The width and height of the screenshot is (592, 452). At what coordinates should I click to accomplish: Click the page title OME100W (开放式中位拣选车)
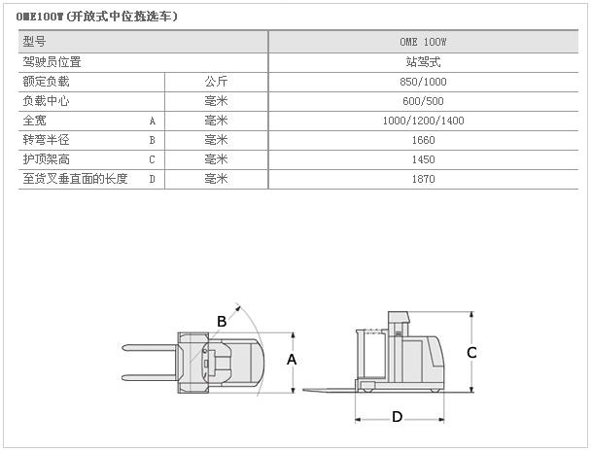(x=96, y=17)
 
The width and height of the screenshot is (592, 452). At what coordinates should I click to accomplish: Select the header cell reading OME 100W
(x=423, y=42)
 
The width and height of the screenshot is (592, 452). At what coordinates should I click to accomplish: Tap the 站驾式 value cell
(x=423, y=62)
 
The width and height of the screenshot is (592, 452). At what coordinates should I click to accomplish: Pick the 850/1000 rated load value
(x=423, y=82)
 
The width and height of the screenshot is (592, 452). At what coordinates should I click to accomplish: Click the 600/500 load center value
(x=423, y=101)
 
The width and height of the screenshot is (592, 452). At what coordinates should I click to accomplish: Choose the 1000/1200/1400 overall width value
(x=423, y=121)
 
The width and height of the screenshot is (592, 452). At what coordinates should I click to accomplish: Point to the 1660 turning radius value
(x=423, y=140)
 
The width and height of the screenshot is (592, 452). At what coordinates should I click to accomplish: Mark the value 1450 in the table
(x=423, y=159)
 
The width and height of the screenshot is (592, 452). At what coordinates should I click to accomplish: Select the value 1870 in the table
(x=423, y=179)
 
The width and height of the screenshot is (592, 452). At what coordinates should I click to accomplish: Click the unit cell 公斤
(x=216, y=82)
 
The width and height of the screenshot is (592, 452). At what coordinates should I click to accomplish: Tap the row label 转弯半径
(x=46, y=140)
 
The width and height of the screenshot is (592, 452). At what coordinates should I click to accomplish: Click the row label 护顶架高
(x=46, y=159)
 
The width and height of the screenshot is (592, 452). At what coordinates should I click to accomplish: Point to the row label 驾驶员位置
(x=52, y=62)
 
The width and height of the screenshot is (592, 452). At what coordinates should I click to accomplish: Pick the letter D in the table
(x=153, y=179)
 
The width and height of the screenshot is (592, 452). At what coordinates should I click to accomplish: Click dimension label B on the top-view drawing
(x=222, y=322)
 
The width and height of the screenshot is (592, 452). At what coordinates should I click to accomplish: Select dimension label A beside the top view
(x=292, y=360)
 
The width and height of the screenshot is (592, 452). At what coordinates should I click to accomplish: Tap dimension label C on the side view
(x=471, y=353)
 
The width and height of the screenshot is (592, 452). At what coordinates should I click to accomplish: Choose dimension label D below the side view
(x=398, y=417)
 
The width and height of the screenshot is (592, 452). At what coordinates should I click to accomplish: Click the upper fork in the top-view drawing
(x=150, y=348)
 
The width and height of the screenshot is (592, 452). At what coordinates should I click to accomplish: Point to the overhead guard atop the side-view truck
(x=399, y=317)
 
